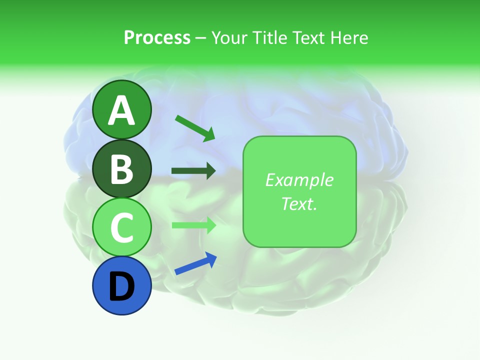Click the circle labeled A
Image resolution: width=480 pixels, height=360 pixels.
(x=122, y=109)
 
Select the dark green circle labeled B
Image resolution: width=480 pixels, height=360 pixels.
(x=122, y=168)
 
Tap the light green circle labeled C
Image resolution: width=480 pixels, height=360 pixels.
(x=122, y=227)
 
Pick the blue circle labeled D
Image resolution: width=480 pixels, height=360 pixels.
(x=122, y=285)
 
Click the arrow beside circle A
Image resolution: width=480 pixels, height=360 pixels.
(x=195, y=127)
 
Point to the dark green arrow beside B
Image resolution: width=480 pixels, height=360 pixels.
(x=193, y=171)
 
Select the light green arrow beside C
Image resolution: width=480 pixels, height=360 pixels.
(x=193, y=225)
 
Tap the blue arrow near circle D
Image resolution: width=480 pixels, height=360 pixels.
(x=195, y=263)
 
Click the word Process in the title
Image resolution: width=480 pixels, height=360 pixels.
(x=157, y=37)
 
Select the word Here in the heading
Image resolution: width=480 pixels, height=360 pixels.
(x=349, y=37)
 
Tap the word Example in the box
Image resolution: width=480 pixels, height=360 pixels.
(x=299, y=180)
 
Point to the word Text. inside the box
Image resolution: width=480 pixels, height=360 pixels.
(x=299, y=203)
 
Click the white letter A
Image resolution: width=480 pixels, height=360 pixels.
(x=122, y=110)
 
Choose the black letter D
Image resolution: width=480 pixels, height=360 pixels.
(x=122, y=286)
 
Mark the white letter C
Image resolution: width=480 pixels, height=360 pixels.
(x=122, y=227)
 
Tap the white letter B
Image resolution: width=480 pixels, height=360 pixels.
(x=122, y=169)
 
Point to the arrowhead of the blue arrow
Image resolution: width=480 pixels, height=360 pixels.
(x=212, y=258)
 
